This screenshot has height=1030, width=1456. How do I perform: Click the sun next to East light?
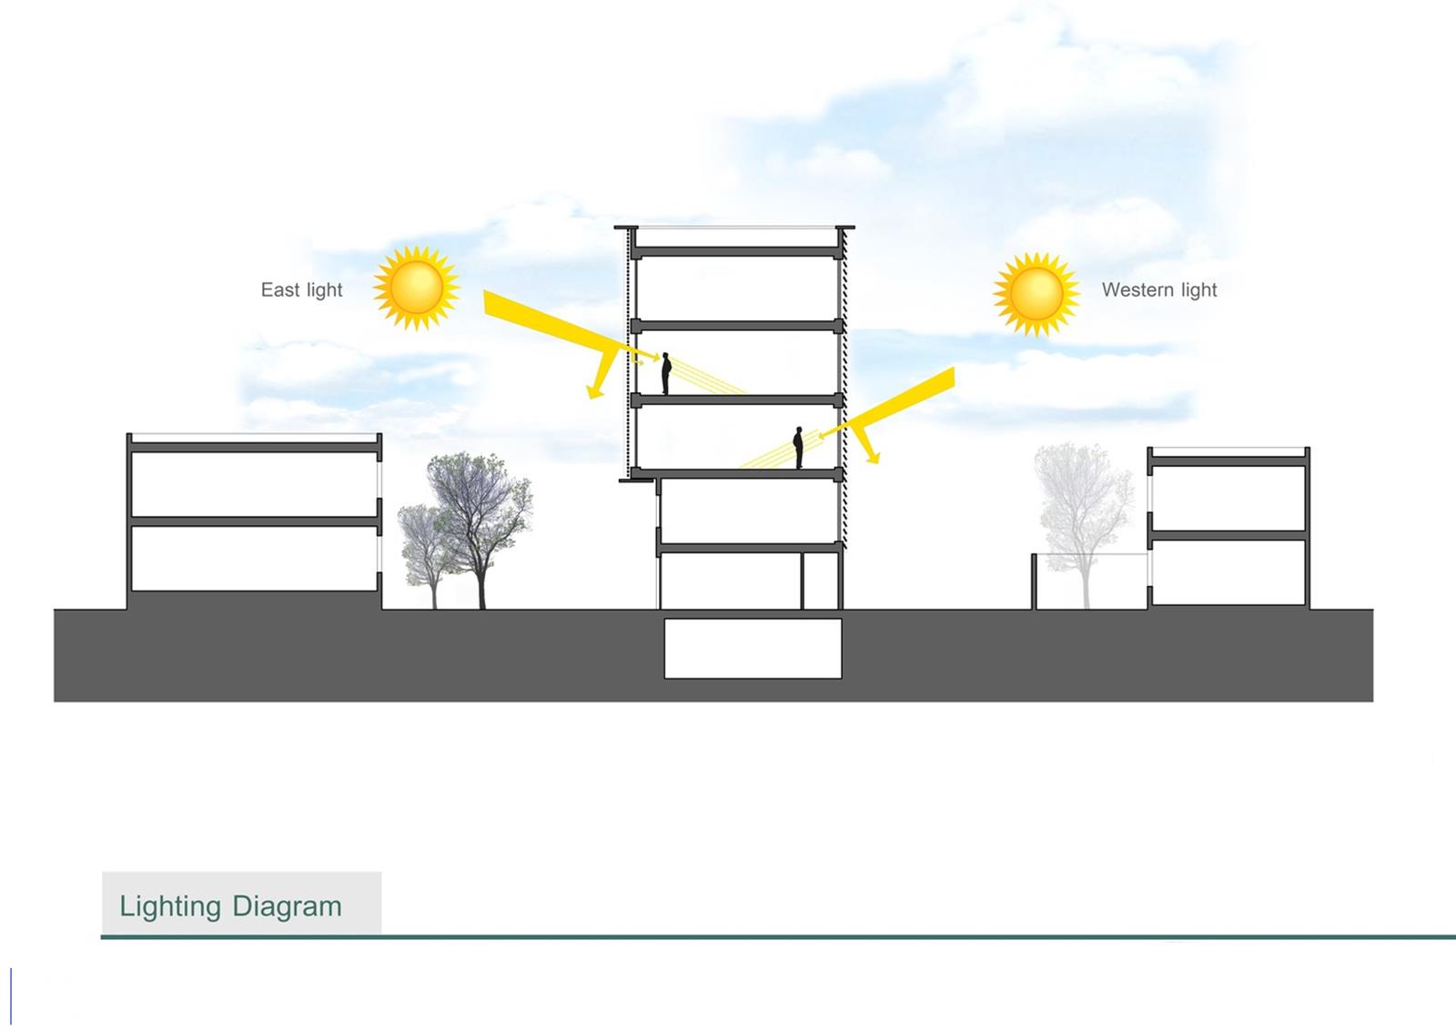[417, 288]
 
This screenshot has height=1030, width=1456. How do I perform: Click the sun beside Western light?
[1036, 295]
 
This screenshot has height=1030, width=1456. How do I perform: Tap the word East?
[280, 290]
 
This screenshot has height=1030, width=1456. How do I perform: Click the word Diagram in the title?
[287, 906]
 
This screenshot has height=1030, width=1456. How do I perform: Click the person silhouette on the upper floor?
[666, 373]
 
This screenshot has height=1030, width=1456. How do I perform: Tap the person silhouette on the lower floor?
[798, 447]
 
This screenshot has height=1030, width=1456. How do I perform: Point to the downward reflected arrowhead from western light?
[873, 457]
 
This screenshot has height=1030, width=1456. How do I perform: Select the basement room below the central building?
[753, 649]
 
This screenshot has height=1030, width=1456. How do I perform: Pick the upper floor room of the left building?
[254, 484]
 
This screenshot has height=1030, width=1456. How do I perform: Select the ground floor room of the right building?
[1228, 572]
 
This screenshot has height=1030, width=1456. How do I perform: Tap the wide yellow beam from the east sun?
[565, 328]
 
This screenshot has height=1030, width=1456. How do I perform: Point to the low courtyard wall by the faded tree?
[1034, 581]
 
